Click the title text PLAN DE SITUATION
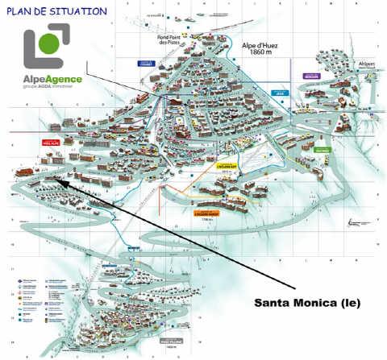(56, 11)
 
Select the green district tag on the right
(322, 150)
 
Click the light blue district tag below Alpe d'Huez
(281, 93)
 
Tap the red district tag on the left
(52, 141)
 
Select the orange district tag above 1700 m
(206, 213)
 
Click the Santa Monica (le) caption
(307, 303)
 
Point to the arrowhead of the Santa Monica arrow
(60, 184)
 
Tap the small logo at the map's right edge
(359, 223)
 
